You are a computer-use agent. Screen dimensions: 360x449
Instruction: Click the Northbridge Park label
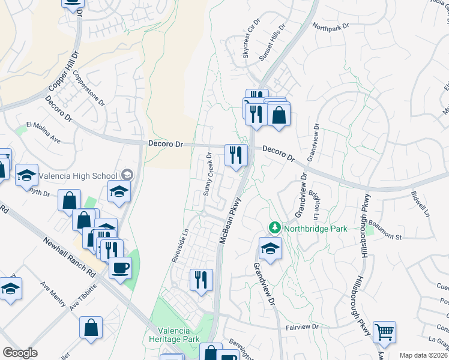point(309,228)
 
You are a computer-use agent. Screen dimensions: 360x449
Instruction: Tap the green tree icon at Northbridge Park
point(275,228)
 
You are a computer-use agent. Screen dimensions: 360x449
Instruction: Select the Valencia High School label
point(79,175)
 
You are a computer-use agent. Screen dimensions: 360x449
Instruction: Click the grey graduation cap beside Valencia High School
point(127,175)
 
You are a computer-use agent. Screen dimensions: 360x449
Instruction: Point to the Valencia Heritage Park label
point(174,335)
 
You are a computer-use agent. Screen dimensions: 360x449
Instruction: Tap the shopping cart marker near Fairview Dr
point(384,331)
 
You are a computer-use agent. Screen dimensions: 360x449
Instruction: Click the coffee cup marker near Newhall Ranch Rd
point(120,267)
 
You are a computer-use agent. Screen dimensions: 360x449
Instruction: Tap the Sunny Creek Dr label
point(208,174)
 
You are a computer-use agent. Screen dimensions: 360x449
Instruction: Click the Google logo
point(20,353)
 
